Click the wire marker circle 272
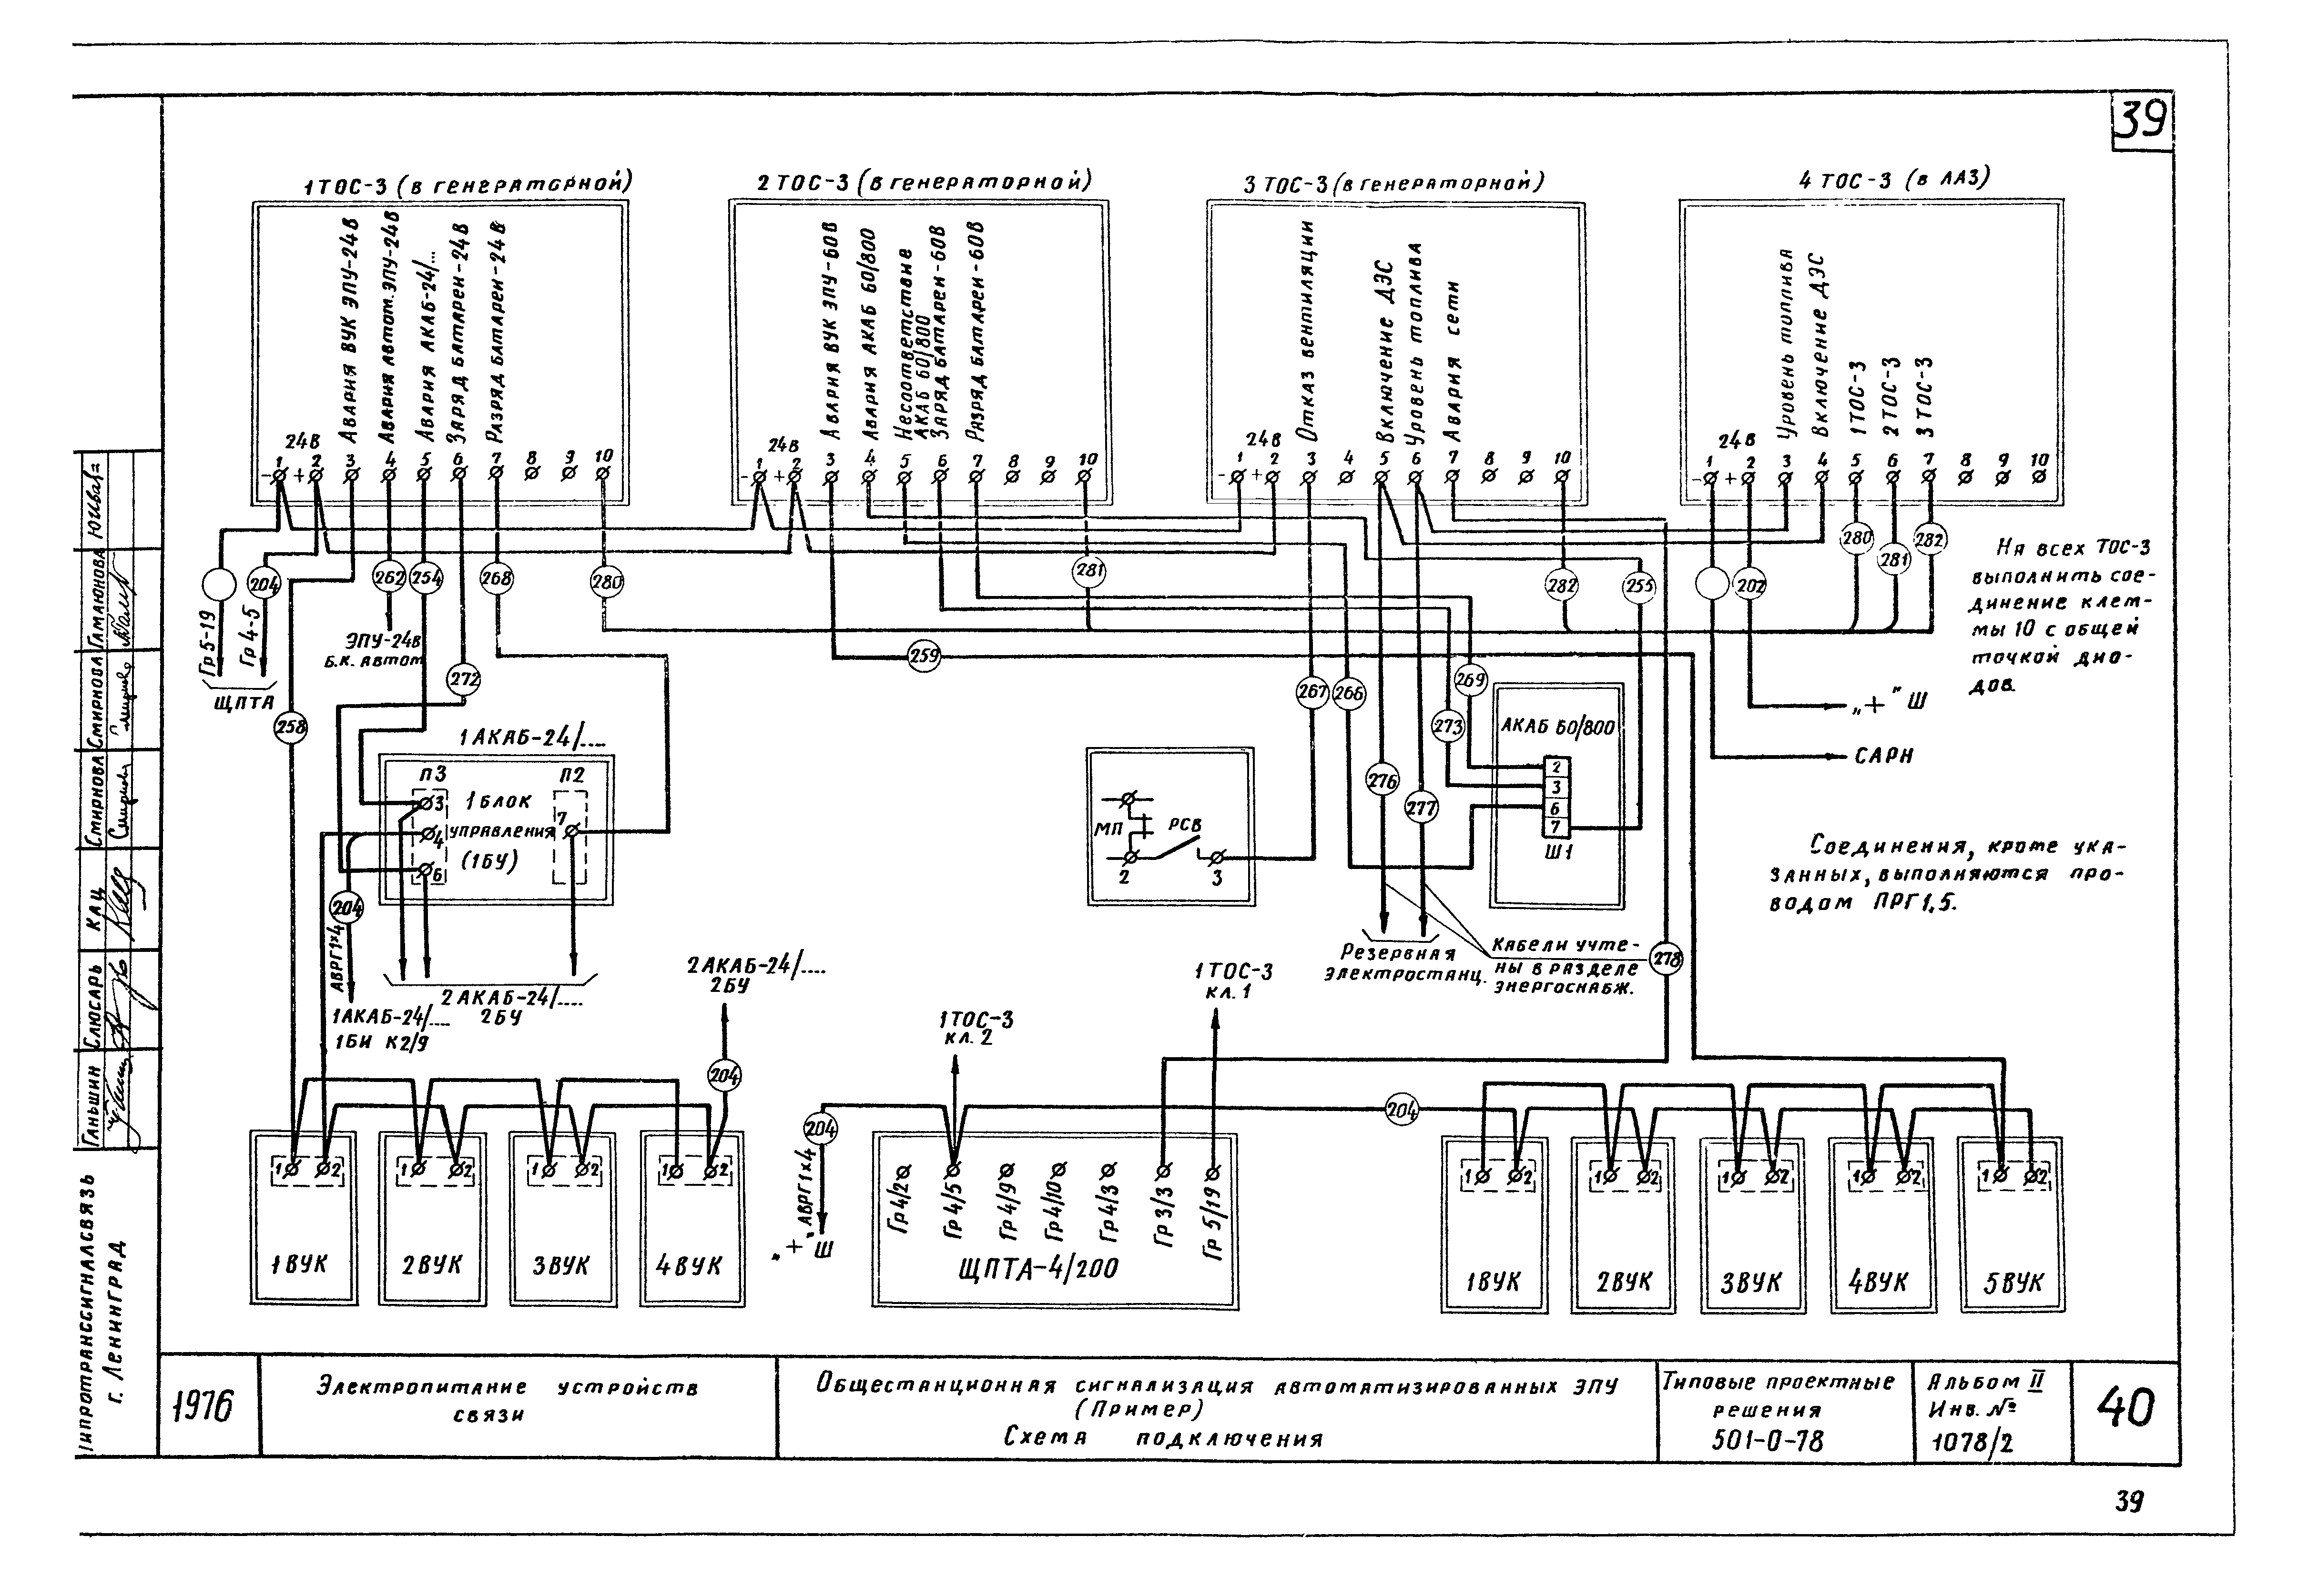pos(463,680)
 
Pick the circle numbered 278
pos(1666,960)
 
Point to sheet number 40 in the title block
pos(2125,1408)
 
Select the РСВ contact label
pos(1184,825)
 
